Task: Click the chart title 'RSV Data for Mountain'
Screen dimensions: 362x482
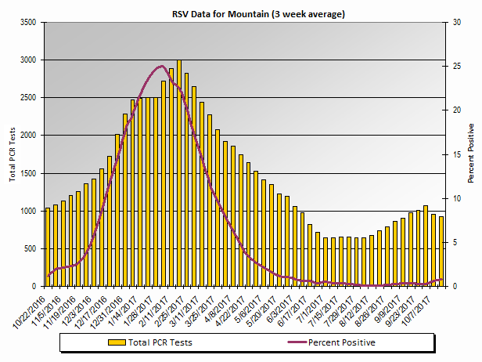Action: (258, 14)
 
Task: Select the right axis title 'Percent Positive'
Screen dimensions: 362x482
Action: (471, 153)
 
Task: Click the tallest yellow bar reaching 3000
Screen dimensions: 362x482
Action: (179, 172)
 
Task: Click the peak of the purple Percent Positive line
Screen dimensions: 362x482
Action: (161, 66)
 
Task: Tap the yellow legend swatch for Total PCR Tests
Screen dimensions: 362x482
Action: (117, 342)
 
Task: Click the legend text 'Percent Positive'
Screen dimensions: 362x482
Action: (341, 342)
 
